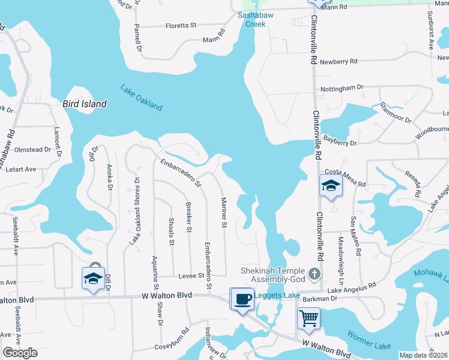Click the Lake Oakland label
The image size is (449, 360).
click(141, 97)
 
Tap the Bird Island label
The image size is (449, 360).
click(85, 104)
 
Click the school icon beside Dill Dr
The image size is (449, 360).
click(93, 278)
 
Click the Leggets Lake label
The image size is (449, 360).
click(277, 295)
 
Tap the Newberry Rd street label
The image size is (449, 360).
click(339, 62)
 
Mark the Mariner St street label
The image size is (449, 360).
click(223, 213)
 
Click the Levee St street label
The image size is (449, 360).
click(192, 275)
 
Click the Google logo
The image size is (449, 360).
click(20, 353)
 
